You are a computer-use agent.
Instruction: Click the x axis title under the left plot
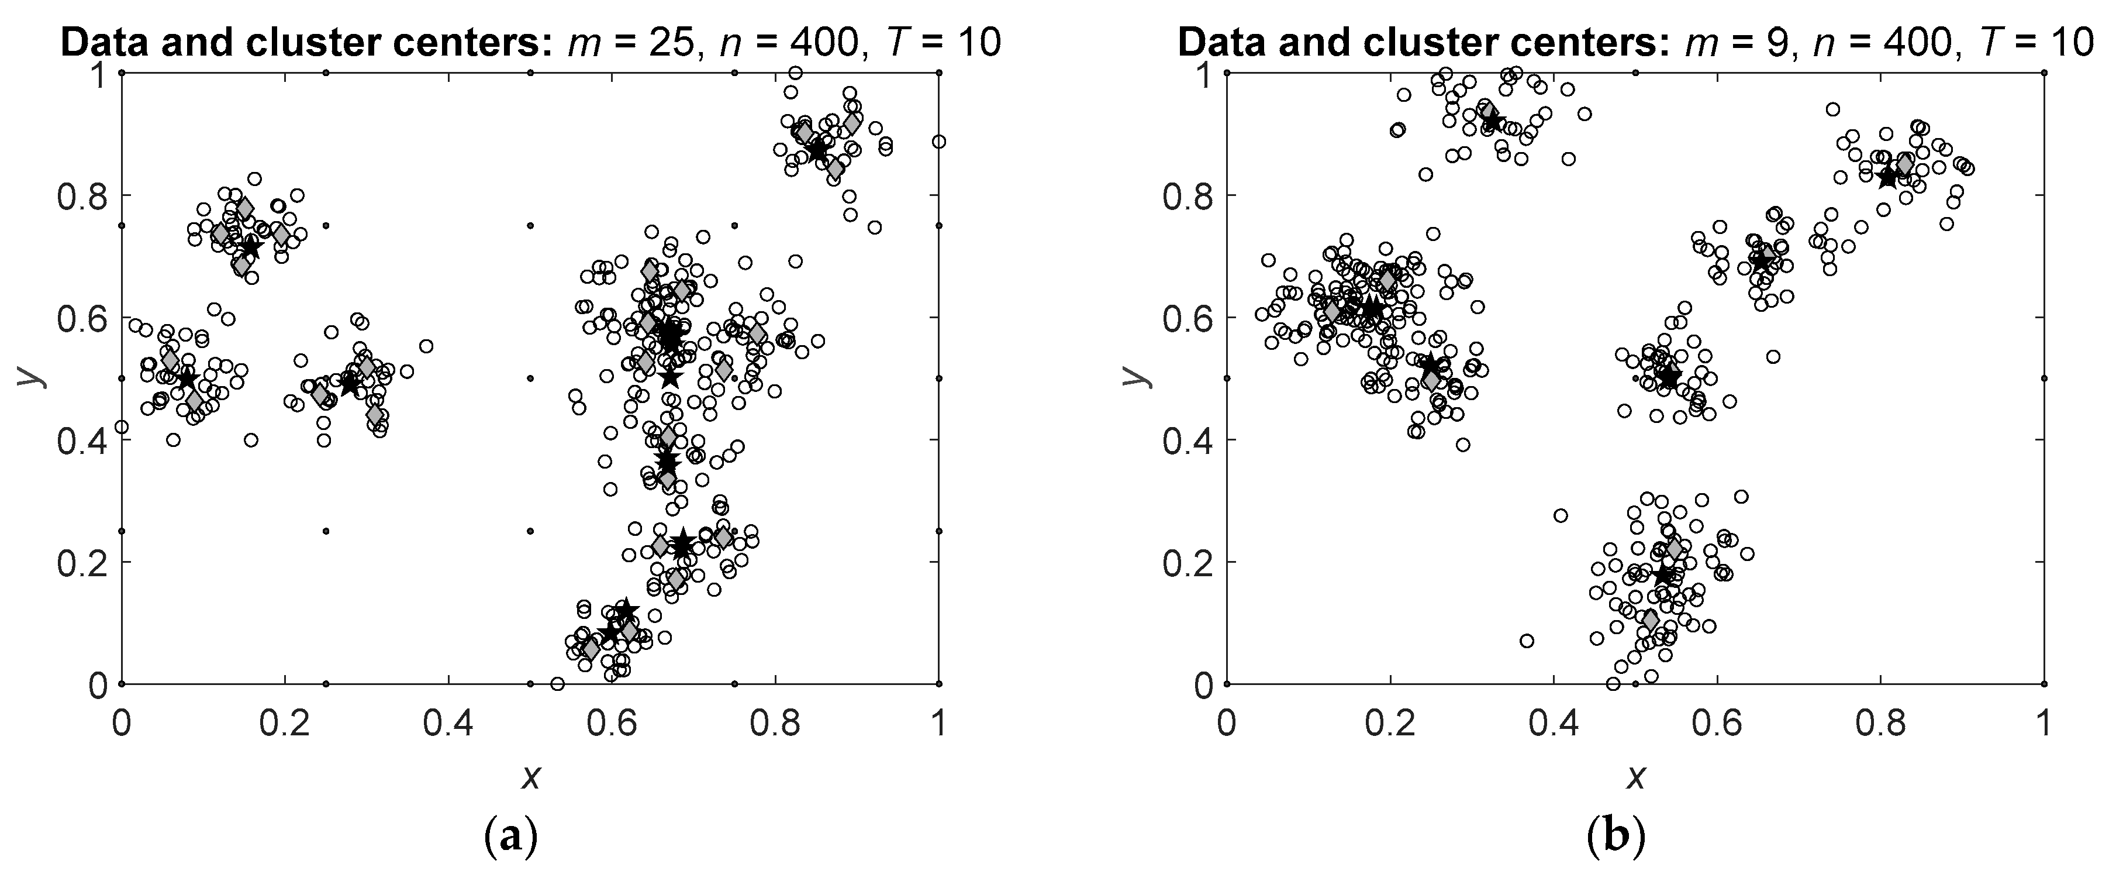pyautogui.click(x=531, y=776)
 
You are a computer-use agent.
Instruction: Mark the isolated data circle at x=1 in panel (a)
pyautogui.click(x=939, y=142)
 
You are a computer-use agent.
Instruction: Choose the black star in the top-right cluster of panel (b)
pyautogui.click(x=1887, y=176)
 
